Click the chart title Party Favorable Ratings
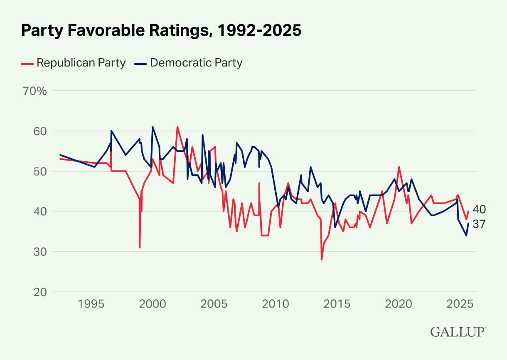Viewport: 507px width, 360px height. (x=161, y=30)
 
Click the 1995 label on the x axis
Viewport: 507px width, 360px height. (x=91, y=304)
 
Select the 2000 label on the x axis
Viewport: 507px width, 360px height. (x=152, y=304)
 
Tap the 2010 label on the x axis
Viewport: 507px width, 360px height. (x=275, y=304)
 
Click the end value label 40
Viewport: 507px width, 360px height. (x=479, y=209)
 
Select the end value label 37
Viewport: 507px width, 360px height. (x=479, y=224)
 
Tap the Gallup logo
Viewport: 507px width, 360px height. (x=458, y=332)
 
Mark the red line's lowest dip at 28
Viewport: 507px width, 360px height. (x=322, y=259)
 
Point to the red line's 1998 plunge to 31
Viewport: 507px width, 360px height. (x=140, y=247)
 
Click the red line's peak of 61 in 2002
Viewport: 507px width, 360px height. (x=177, y=127)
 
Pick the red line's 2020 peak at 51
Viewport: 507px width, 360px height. (x=399, y=167)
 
